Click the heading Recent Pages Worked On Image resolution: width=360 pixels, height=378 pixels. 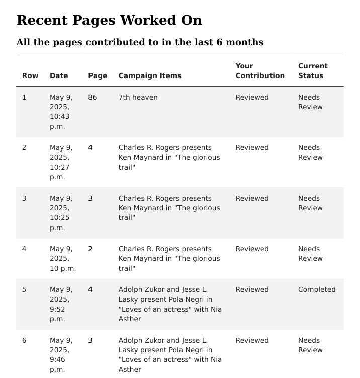tap(109, 20)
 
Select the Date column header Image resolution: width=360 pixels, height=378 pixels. tap(58, 75)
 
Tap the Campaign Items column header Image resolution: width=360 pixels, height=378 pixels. tap(150, 75)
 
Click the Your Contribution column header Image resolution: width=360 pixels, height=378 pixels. tap(259, 71)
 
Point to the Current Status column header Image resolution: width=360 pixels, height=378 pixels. tap(312, 71)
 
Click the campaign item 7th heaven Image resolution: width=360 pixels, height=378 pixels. tap(138, 97)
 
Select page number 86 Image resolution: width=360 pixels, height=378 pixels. tap(92, 97)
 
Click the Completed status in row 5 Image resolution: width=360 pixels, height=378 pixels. tap(316, 289)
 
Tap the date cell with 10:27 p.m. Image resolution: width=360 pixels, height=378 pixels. tap(61, 162)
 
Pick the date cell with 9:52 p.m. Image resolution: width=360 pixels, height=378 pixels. tap(61, 304)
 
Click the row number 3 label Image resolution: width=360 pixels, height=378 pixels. tap(24, 198)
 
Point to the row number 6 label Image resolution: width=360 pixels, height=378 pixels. tap(24, 340)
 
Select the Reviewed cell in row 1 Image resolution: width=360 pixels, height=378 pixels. tap(252, 97)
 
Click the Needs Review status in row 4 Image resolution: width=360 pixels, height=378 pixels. tap(309, 253)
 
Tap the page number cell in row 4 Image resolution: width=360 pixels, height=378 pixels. tap(90, 249)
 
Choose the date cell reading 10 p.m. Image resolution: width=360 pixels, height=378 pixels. tap(62, 258)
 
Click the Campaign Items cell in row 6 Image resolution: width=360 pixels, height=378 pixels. tap(169, 354)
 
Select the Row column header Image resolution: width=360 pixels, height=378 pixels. tap(30, 75)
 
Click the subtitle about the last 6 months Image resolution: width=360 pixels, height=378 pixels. tap(140, 42)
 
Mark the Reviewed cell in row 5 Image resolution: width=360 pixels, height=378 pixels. tap(252, 289)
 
